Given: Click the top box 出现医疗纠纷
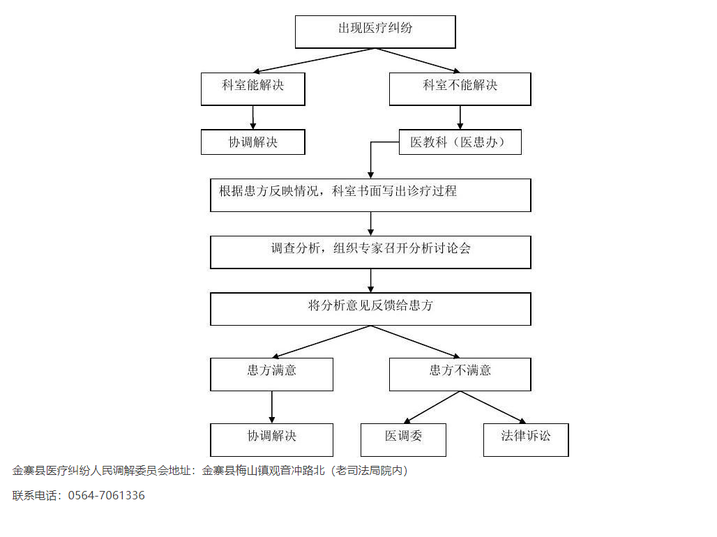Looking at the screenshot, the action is click(375, 31).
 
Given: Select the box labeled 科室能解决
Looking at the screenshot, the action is click(253, 89).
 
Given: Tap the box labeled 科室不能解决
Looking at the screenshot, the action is click(460, 89).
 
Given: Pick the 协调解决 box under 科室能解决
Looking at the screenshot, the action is click(253, 142).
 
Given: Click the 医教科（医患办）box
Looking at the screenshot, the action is click(460, 142).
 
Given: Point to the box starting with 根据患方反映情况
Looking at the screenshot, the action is click(370, 195).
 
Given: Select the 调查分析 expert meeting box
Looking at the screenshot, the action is click(370, 252).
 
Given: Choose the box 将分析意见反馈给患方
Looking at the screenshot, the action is click(370, 309).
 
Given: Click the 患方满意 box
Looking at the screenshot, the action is click(271, 375).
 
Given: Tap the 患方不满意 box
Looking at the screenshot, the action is click(460, 375).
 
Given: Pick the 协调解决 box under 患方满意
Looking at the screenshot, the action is click(271, 439).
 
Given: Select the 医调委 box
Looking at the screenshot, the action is click(403, 439).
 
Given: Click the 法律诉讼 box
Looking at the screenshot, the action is click(526, 439).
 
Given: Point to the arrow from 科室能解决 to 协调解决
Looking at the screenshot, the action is click(253, 118).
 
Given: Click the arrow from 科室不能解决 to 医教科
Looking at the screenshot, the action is click(460, 118).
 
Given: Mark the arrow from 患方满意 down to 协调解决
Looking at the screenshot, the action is click(271, 407).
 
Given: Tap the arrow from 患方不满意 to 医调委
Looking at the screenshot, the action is click(432, 407).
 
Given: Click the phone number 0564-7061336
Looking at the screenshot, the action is click(107, 495).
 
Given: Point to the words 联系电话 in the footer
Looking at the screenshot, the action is click(34, 495).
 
